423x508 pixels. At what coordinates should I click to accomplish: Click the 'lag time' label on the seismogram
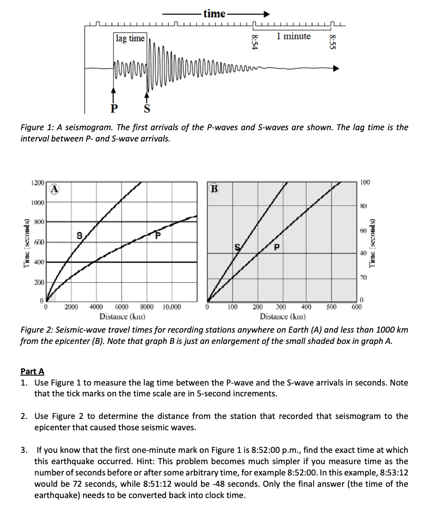pos(130,38)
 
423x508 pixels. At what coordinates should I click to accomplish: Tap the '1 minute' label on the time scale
pos(294,36)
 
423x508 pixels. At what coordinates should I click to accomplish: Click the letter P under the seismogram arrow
pos(114,108)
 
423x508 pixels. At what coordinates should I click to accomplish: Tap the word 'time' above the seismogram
pos(214,14)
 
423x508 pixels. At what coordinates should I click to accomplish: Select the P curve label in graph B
pos(277,248)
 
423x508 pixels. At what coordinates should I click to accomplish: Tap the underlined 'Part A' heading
pos(33,372)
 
